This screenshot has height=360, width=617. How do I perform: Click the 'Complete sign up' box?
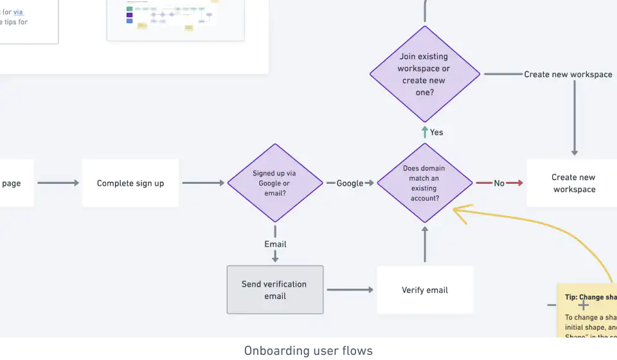coord(130,183)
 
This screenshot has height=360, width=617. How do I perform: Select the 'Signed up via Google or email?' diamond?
coord(275,183)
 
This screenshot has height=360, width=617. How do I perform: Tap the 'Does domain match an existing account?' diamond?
coord(424,183)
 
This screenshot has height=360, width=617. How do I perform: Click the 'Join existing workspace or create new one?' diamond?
coord(424,74)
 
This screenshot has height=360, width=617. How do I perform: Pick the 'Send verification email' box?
coord(274,290)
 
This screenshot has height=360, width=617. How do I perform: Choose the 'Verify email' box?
coord(425,290)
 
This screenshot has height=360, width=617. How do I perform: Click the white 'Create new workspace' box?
coord(573,183)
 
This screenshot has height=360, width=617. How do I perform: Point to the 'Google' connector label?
coord(350,183)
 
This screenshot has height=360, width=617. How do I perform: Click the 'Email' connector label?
coord(275,244)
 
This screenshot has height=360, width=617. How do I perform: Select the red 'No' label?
coord(499,183)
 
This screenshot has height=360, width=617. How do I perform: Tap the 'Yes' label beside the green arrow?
coord(436,132)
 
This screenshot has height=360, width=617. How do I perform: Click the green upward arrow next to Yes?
coord(425,132)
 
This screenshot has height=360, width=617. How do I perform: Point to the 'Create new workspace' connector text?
coord(568,75)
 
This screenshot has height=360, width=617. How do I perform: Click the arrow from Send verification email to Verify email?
coord(350,290)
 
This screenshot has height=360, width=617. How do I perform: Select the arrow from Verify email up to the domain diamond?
coord(425,244)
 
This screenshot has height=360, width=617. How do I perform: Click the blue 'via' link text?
coord(18,12)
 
